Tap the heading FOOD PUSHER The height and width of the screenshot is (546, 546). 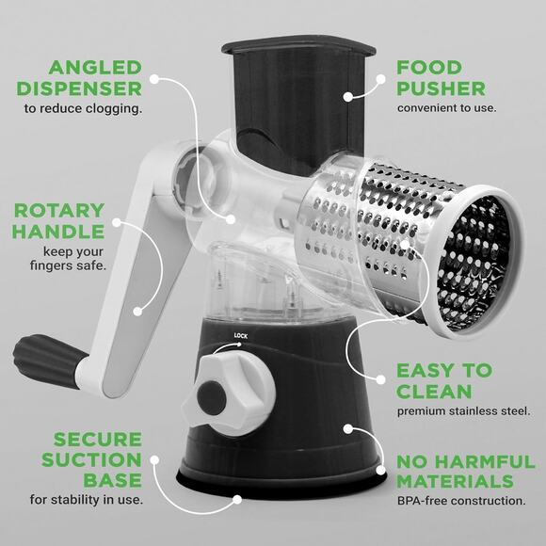441,78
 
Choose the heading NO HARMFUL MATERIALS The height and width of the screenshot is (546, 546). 461,472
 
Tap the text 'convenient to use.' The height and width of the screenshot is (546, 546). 446,108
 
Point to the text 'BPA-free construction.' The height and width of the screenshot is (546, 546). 461,500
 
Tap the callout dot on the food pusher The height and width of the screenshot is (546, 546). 347,95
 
